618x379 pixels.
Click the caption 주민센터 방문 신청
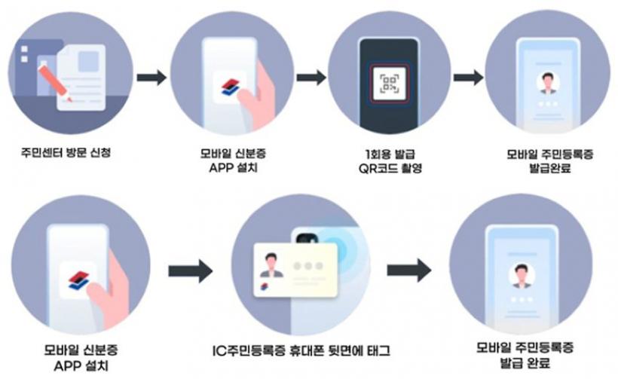(66, 152)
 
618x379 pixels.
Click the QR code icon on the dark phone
(389, 84)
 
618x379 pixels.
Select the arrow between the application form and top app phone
(151, 77)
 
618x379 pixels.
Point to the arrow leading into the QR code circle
(311, 77)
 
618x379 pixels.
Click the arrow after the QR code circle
(468, 77)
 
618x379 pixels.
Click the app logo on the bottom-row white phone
(78, 280)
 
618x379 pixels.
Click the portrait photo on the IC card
(271, 265)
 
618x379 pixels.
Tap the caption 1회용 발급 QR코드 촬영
(390, 160)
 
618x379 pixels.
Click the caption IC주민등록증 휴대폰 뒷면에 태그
(301, 350)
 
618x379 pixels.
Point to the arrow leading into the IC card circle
(191, 270)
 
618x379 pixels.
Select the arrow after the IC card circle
(409, 270)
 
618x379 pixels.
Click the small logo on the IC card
(264, 286)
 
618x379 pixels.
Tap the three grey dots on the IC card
(308, 266)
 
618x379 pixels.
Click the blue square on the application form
(88, 62)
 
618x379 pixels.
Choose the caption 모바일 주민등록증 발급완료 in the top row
(550, 160)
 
